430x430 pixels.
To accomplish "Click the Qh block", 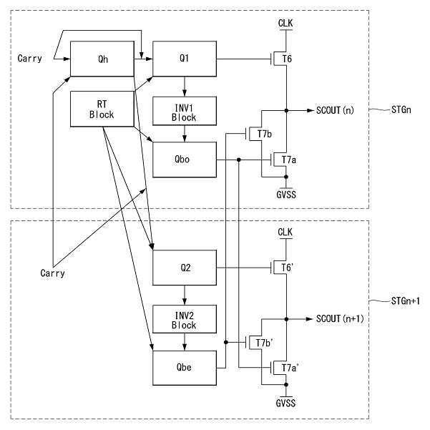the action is (x=102, y=59).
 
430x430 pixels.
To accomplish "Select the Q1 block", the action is (x=185, y=59).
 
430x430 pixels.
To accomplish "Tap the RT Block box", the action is (x=102, y=109).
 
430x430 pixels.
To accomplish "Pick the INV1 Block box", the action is (x=185, y=111).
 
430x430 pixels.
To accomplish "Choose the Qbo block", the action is (x=185, y=160).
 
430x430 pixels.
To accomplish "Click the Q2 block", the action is (x=185, y=268).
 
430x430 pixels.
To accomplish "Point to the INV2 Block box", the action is (x=185, y=319).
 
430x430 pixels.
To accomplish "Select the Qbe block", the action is (x=185, y=368).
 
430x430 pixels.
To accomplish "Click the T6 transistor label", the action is (x=287, y=59).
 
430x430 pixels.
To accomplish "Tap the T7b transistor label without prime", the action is (x=264, y=134).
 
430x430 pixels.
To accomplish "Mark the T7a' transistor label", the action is (x=290, y=368).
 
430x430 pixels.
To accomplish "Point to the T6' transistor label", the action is (x=288, y=268).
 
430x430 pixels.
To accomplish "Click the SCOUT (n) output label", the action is (x=335, y=110).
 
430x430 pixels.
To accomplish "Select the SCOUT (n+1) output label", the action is (x=340, y=318).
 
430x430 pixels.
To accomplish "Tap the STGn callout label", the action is (x=401, y=109).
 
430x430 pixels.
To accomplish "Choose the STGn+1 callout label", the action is (x=406, y=301).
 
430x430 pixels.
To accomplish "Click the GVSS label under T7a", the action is (x=286, y=195).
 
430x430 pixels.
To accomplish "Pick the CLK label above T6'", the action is (x=285, y=233).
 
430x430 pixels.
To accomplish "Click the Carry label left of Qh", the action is (x=29, y=59).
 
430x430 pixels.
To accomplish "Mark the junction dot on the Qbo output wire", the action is (x=238, y=160).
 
